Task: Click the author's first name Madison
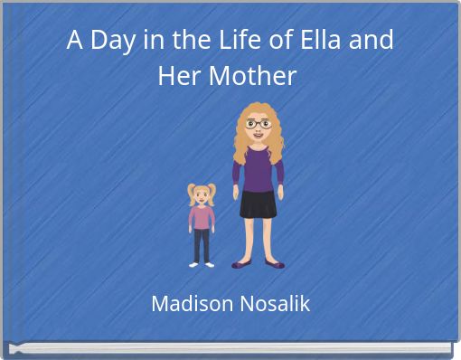click(189, 304)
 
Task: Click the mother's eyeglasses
click(258, 123)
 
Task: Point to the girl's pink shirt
click(202, 218)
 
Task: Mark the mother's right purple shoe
click(275, 264)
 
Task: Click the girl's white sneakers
click(202, 264)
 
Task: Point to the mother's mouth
click(258, 136)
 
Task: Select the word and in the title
click(374, 41)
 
